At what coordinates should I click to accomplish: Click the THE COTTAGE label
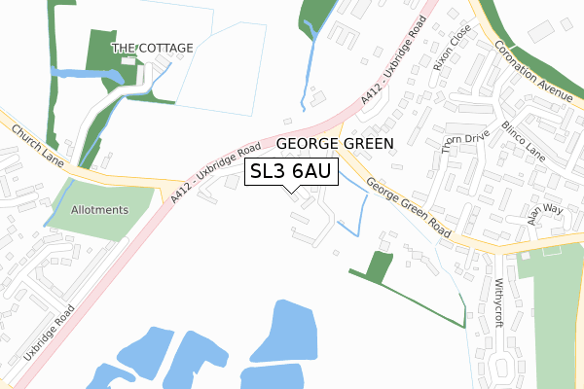(152, 48)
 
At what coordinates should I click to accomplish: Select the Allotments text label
(98, 210)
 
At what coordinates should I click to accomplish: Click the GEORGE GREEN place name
(335, 144)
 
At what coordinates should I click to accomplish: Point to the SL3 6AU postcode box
(291, 171)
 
